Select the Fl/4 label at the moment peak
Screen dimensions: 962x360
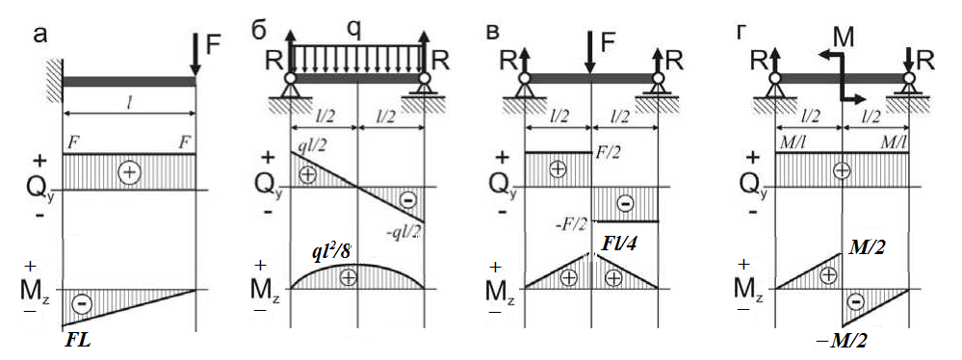(619, 244)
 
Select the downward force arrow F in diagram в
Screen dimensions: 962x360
(589, 53)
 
